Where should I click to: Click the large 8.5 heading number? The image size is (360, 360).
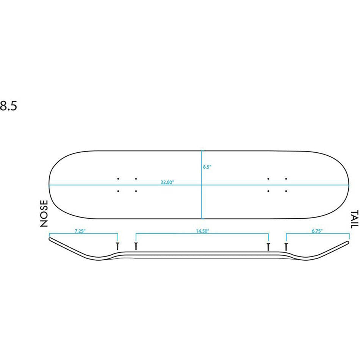click(x=8, y=106)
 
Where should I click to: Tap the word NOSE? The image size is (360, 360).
click(x=44, y=213)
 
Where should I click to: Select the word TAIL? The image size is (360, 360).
click(x=354, y=219)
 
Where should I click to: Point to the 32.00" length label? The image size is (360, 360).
click(x=167, y=182)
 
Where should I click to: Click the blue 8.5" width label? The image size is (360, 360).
click(x=207, y=167)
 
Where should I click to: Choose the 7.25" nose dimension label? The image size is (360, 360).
click(x=80, y=231)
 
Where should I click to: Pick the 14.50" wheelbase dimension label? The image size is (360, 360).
click(x=202, y=231)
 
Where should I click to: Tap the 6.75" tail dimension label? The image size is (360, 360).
click(x=317, y=231)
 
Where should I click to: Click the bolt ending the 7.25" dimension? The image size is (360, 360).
click(x=117, y=246)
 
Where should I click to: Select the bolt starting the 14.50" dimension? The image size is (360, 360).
click(x=136, y=246)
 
